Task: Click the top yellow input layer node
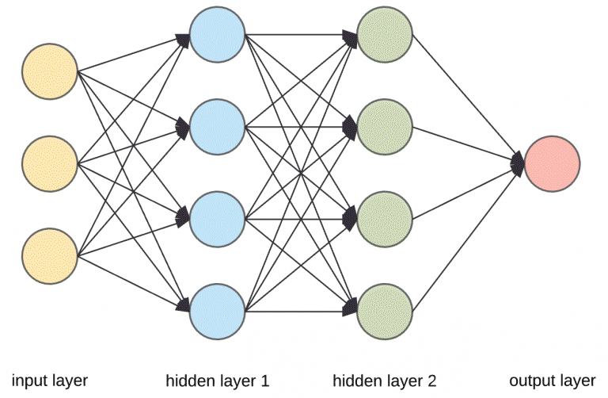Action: (x=50, y=71)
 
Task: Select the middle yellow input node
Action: (x=50, y=165)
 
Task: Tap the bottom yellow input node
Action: (x=50, y=256)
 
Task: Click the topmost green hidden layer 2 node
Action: (x=385, y=35)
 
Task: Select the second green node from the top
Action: (x=385, y=125)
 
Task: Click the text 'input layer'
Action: (x=49, y=381)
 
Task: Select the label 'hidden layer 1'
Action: (x=218, y=381)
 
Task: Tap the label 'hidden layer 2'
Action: (x=384, y=381)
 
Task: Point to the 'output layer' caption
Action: (x=552, y=381)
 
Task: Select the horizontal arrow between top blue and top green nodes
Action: (x=301, y=35)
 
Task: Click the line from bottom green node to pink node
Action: (x=467, y=235)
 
